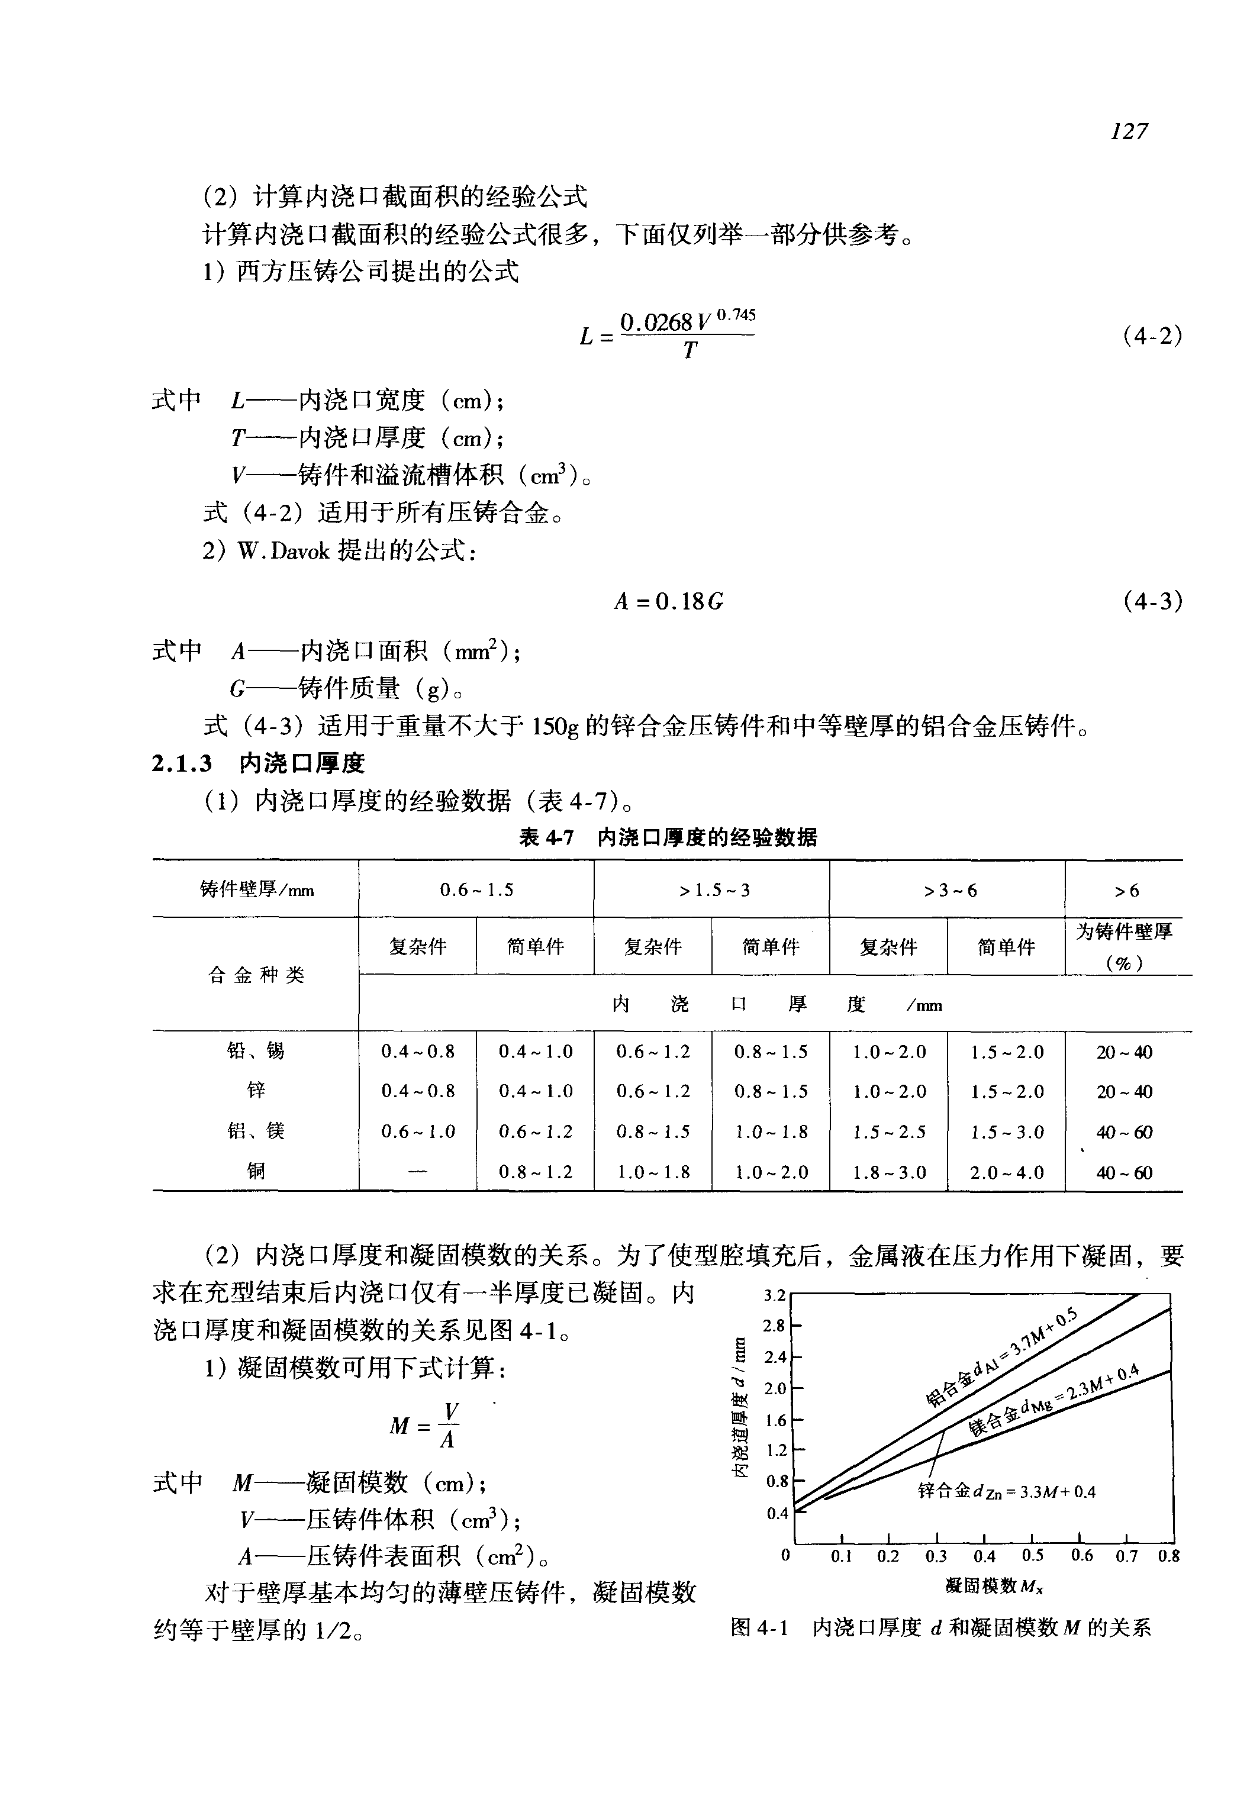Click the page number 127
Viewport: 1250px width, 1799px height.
click(1129, 131)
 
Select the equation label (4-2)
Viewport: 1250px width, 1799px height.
click(1152, 336)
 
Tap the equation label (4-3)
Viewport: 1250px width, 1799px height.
click(1152, 601)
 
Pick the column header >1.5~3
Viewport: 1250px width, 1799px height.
click(711, 889)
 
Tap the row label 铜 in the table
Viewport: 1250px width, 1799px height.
click(256, 1171)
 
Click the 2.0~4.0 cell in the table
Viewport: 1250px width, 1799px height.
click(1006, 1172)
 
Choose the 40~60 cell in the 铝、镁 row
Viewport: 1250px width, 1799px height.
click(1124, 1131)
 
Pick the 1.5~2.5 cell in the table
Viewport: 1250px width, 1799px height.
click(889, 1131)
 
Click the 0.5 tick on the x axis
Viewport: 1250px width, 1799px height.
click(1032, 1555)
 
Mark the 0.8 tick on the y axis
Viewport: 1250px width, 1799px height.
click(776, 1482)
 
